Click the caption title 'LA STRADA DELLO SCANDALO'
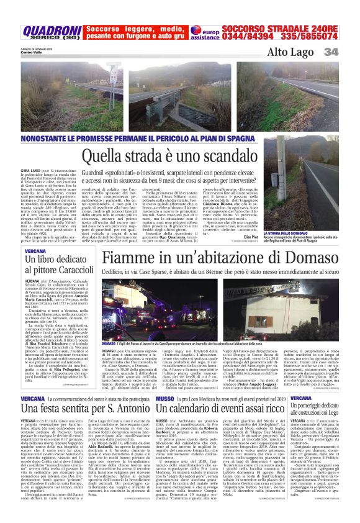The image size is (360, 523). click(303, 233)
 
